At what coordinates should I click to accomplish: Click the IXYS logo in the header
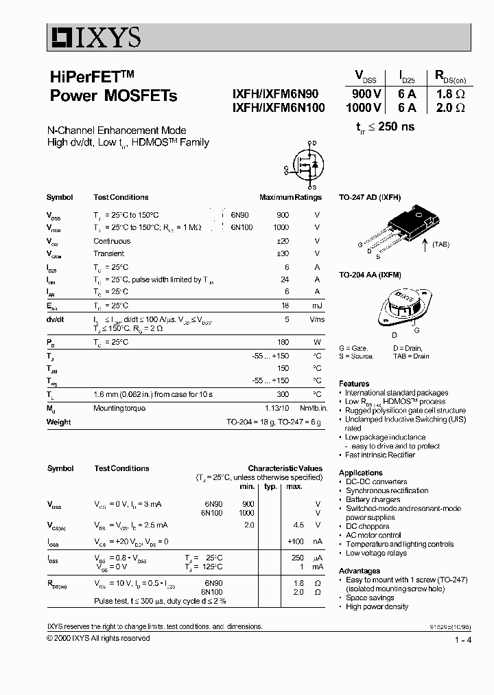tap(95, 36)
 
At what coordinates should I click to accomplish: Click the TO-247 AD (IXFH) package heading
tap(369, 197)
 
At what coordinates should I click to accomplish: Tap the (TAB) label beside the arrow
tap(440, 253)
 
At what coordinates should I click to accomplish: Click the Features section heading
tap(354, 384)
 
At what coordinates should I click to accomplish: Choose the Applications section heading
tap(360, 472)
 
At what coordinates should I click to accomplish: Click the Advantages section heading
tap(360, 571)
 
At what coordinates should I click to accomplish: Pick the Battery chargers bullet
tap(373, 500)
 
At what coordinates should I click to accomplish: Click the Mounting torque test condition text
tap(119, 408)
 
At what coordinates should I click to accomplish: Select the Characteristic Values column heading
tap(285, 468)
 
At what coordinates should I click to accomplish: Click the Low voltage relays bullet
tap(375, 553)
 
